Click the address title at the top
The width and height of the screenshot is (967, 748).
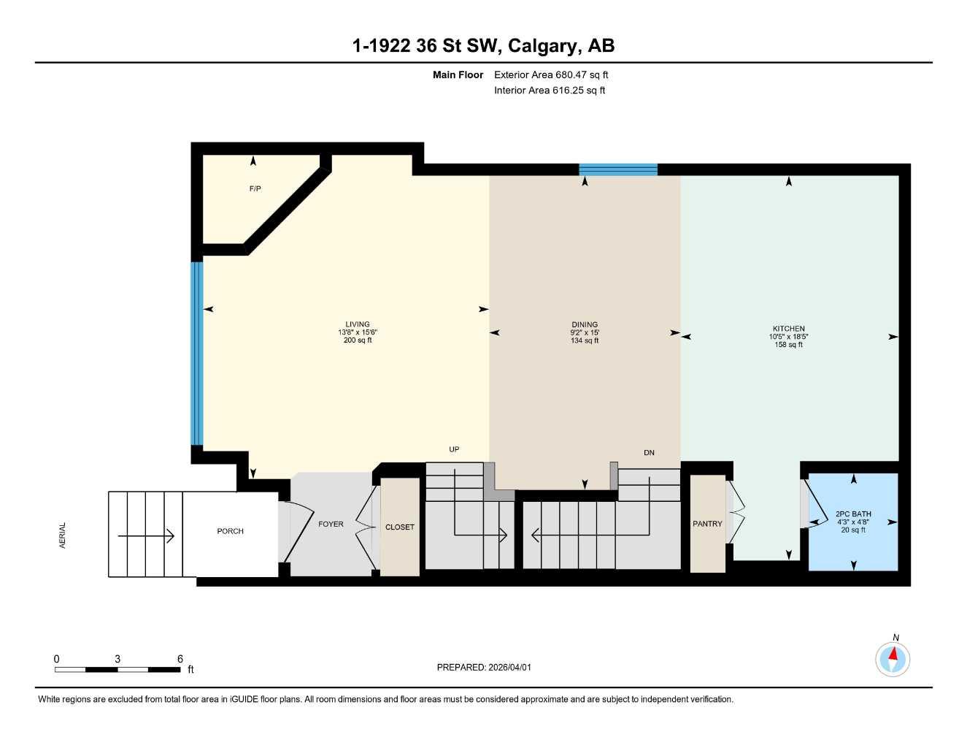(483, 46)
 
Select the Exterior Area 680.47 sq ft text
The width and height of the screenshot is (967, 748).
(551, 75)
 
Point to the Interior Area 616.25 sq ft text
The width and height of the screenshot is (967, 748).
(550, 91)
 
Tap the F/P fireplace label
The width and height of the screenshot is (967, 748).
(255, 188)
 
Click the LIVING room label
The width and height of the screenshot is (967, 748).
(358, 324)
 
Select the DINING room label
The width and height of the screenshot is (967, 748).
(585, 324)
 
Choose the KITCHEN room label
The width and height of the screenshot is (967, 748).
(789, 329)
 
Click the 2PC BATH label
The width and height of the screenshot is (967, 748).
(853, 514)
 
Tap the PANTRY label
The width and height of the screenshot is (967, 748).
(707, 524)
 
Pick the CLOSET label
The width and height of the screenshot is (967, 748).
(400, 527)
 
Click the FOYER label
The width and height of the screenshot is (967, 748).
(331, 524)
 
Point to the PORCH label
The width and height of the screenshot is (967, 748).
(230, 531)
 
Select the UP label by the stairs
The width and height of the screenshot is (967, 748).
(454, 449)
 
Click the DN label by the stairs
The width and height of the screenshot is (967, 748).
(649, 453)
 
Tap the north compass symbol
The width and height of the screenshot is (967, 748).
(893, 659)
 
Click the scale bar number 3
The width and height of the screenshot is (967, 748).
(117, 659)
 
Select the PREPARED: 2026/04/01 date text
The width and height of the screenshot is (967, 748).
(484, 667)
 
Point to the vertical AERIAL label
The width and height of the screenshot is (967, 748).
(62, 535)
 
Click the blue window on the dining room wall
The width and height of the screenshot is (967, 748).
(618, 169)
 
